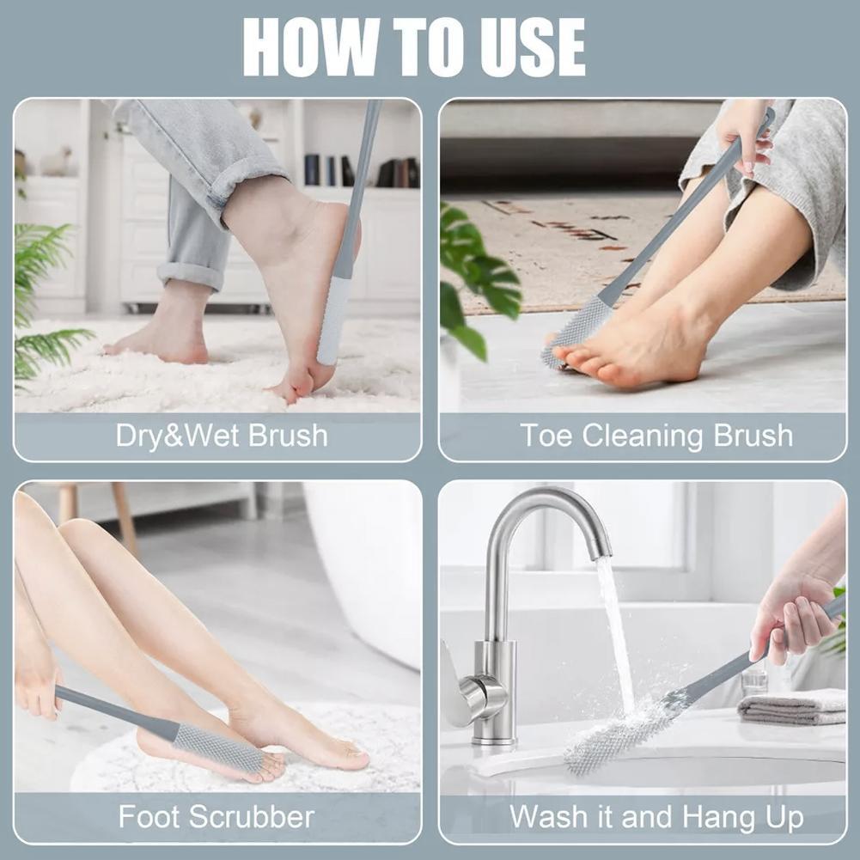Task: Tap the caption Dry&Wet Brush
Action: [222, 436]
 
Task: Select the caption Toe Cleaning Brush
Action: [656, 436]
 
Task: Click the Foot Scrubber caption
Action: [217, 816]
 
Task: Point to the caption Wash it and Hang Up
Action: [656, 816]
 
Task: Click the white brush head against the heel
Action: [333, 318]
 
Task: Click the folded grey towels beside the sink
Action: [792, 706]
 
